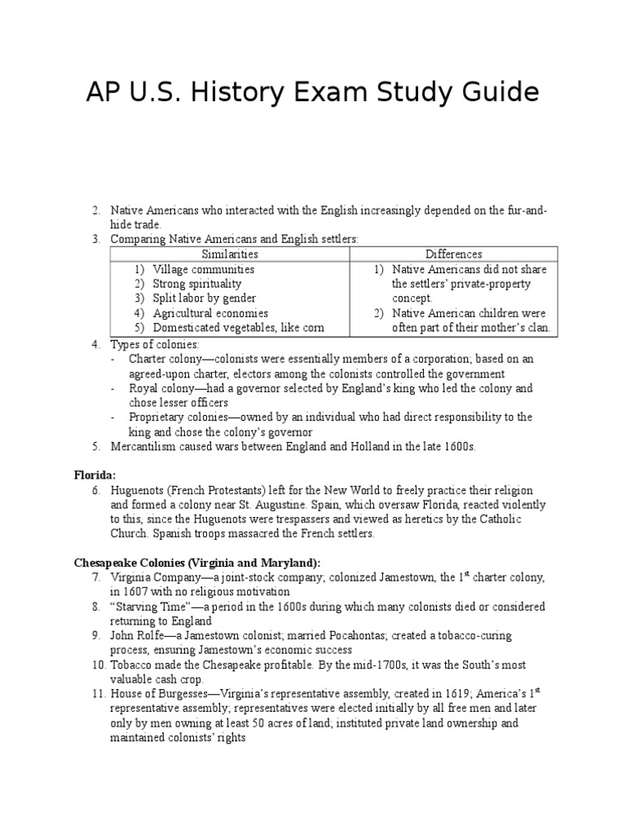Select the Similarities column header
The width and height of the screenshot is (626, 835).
coord(230,254)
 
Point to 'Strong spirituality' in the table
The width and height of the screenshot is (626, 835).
coord(197,284)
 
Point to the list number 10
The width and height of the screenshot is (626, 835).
coord(98,665)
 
